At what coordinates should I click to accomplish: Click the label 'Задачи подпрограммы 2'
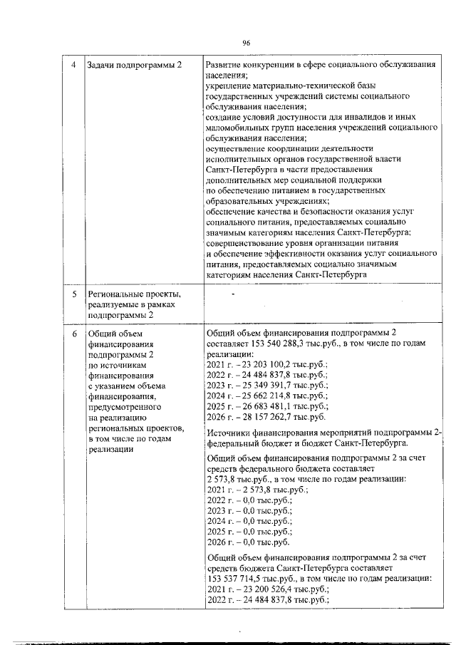pyautogui.click(x=133, y=65)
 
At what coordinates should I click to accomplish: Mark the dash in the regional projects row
pyautogui.click(x=232, y=293)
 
